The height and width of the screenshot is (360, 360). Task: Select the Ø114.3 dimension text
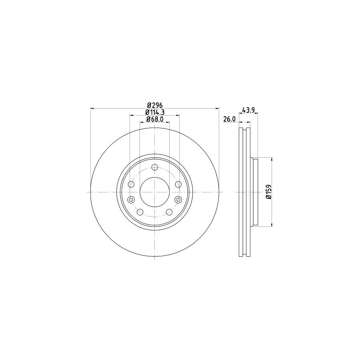point(155,112)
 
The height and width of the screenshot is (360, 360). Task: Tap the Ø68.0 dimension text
point(155,119)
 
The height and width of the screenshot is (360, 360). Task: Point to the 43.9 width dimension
point(248,110)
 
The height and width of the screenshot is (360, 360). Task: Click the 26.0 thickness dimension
point(229,119)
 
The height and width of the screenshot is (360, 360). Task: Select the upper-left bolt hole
point(131,184)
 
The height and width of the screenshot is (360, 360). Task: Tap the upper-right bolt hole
point(178,184)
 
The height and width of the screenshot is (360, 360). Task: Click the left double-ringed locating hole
point(131,200)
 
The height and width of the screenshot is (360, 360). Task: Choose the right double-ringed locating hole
point(178,200)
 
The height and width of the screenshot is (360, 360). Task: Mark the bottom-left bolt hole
point(140,212)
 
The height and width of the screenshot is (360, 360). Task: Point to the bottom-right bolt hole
point(169,212)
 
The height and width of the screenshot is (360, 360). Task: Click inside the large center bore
point(155,192)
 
